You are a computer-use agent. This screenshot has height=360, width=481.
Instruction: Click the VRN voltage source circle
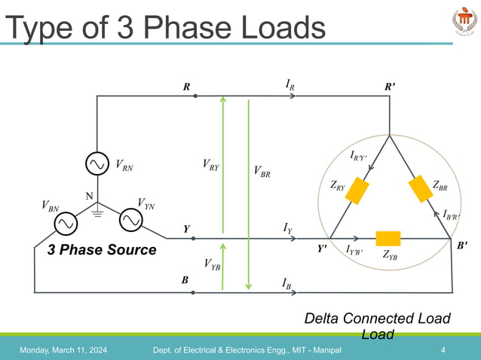tap(97, 163)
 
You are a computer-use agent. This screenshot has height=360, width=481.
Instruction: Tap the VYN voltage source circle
tap(130, 219)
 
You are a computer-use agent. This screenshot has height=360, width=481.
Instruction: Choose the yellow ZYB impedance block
tap(388, 238)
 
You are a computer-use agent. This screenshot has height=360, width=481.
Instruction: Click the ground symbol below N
tap(97, 214)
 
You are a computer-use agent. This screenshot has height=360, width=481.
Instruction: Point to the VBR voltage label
tap(262, 172)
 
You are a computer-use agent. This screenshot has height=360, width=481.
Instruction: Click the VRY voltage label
tap(211, 164)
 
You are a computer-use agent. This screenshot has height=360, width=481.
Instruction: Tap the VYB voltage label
tap(212, 264)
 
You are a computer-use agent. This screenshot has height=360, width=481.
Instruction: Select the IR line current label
tap(290, 86)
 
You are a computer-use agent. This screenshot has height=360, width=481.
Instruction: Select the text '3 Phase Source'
tap(102, 250)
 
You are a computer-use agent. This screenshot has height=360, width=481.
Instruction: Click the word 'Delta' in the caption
tap(325, 319)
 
